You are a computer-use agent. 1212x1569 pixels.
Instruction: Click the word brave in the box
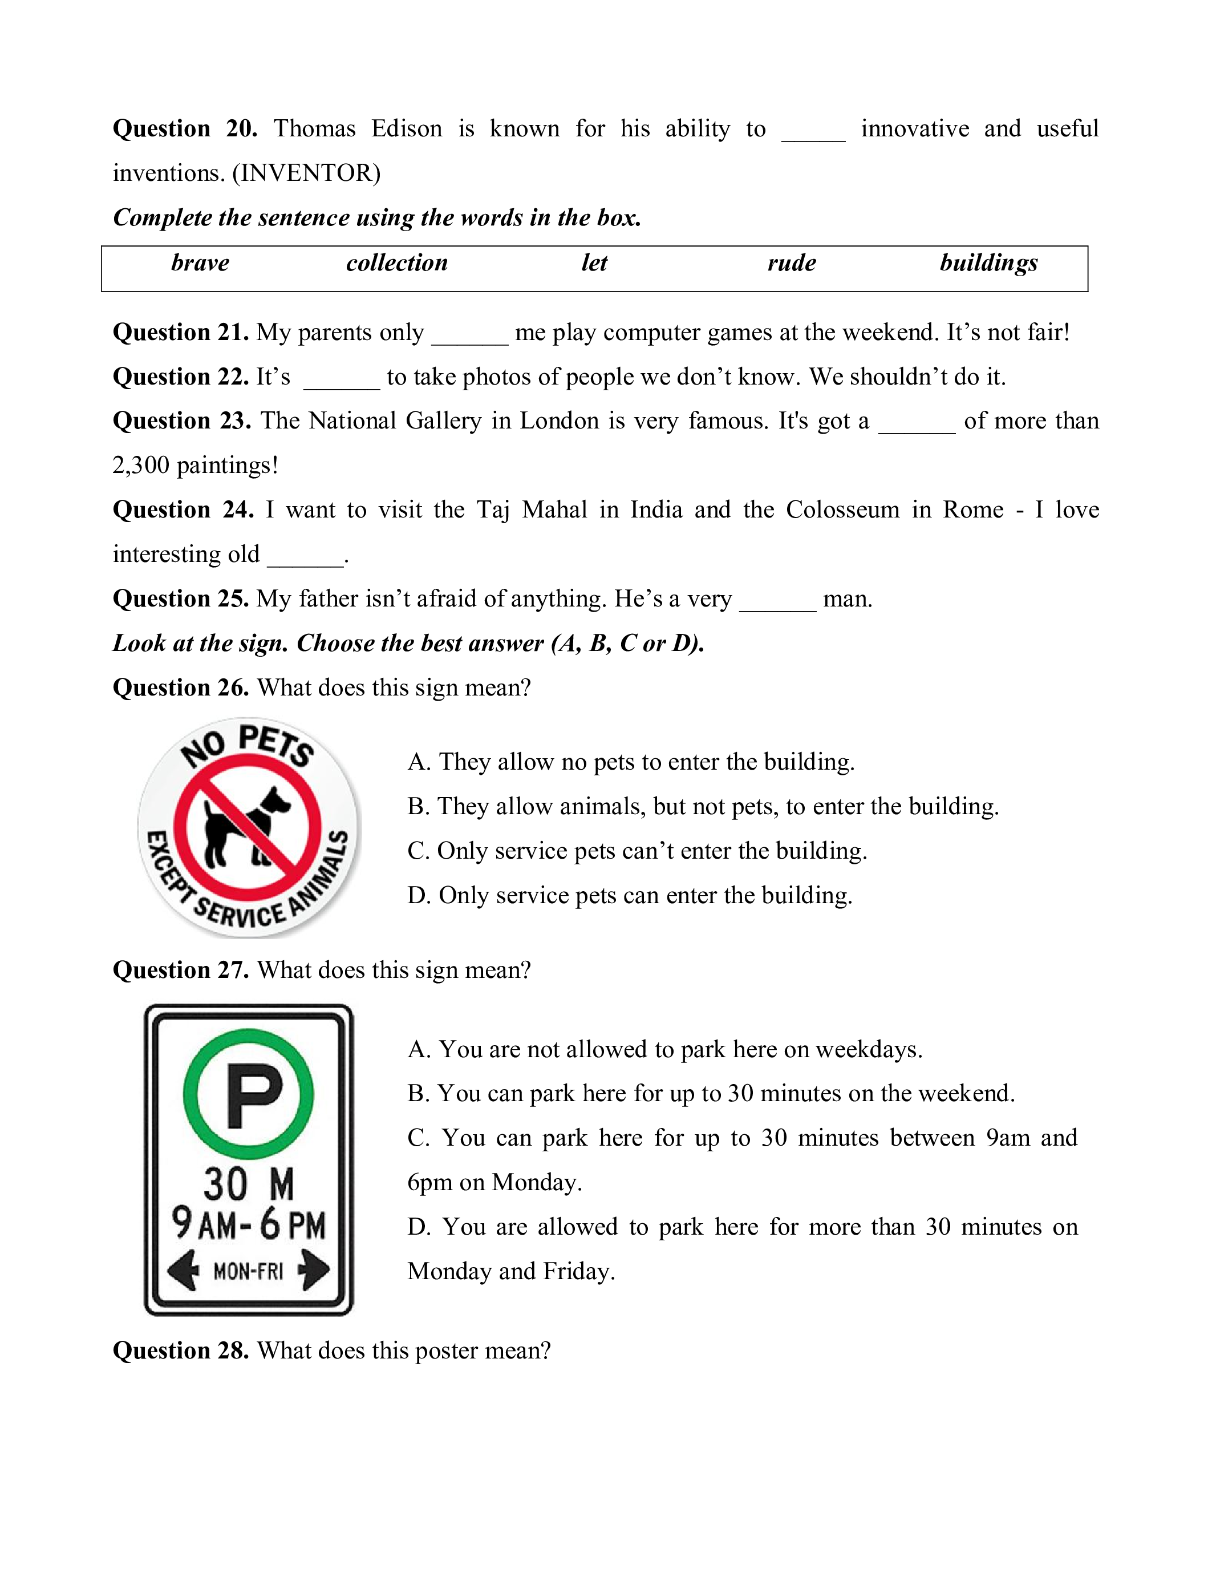click(200, 263)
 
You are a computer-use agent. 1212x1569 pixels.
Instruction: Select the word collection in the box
click(396, 263)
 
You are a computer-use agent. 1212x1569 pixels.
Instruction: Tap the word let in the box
click(594, 263)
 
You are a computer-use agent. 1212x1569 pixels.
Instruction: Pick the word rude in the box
click(791, 263)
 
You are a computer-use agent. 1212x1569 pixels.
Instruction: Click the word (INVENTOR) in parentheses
click(307, 173)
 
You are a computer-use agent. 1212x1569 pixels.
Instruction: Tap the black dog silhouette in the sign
click(244, 826)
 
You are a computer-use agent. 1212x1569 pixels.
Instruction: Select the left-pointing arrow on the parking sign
click(184, 1270)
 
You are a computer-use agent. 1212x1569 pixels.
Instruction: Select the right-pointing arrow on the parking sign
click(314, 1270)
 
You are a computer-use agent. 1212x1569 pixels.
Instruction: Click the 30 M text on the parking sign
click(249, 1184)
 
